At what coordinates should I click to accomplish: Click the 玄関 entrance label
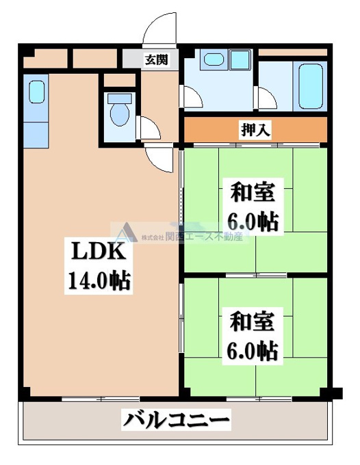tap(157, 60)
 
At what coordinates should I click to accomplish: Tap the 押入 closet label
tap(255, 130)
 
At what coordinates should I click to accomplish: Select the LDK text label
tap(99, 251)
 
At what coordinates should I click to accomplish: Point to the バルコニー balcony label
tap(177, 419)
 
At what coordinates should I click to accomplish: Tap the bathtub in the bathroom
tap(311, 86)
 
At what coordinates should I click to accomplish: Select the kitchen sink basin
tap(37, 92)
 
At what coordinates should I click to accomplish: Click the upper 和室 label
tap(253, 192)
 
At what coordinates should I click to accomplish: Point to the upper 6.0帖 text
tap(253, 222)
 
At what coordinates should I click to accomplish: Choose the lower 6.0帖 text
tap(253, 351)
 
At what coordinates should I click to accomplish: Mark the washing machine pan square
tap(240, 59)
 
